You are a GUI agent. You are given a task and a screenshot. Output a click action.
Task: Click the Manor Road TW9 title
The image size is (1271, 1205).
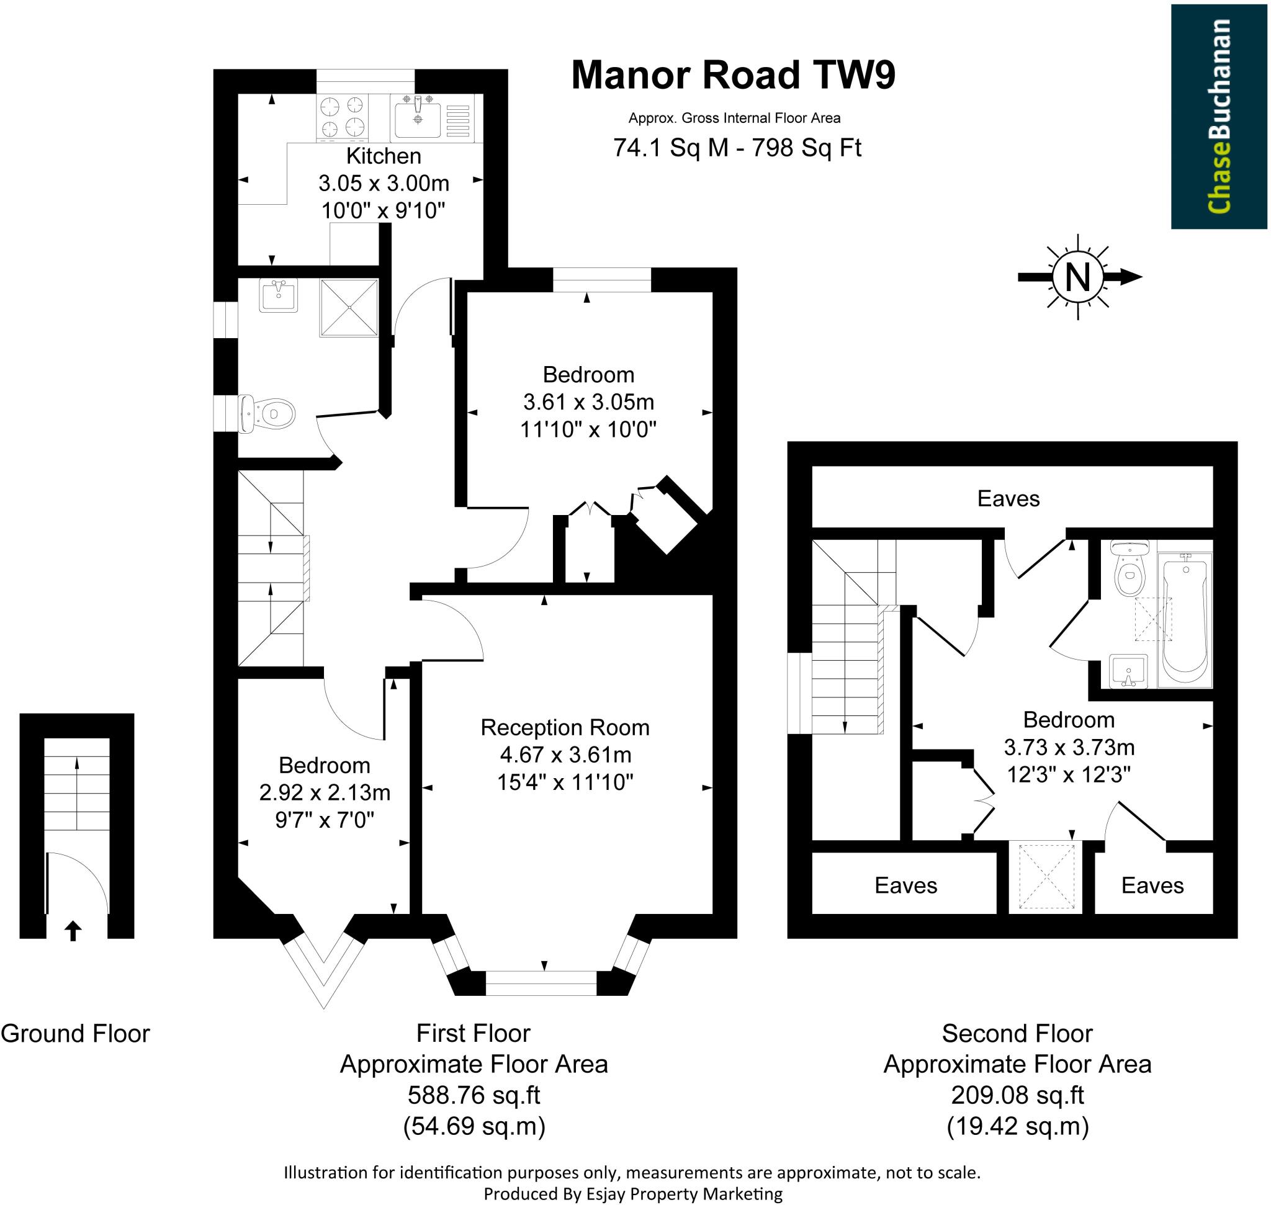coord(732,75)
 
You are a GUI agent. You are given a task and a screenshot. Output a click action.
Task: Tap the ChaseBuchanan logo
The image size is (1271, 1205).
coord(1218,116)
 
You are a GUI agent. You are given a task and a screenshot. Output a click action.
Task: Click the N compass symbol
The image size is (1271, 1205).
coord(1077,277)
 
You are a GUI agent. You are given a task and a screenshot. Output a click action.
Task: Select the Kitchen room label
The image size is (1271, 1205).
coord(384,156)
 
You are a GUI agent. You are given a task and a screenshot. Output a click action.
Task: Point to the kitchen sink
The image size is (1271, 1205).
coord(418,117)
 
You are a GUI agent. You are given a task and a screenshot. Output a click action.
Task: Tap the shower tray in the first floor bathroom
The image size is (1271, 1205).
coord(349,308)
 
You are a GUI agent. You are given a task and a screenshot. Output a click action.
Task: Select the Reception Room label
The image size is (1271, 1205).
coord(565,727)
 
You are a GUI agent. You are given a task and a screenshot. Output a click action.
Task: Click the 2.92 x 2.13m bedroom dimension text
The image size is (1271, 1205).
coord(325,792)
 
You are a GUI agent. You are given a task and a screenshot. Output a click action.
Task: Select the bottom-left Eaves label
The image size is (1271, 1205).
coord(905,886)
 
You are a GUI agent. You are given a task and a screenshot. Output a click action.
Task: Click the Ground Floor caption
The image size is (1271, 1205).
coord(75,1034)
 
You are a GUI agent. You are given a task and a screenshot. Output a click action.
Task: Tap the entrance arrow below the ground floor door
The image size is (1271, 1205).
coord(73,931)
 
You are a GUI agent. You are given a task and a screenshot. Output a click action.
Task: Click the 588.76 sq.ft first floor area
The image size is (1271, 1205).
coord(474,1095)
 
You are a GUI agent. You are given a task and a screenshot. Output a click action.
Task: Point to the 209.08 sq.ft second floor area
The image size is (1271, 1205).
coord(1017,1095)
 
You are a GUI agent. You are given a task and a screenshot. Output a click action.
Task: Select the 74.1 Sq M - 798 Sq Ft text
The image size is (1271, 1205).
coord(737,148)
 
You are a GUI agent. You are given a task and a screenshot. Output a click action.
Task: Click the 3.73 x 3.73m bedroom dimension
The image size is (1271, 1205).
coord(1069,747)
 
